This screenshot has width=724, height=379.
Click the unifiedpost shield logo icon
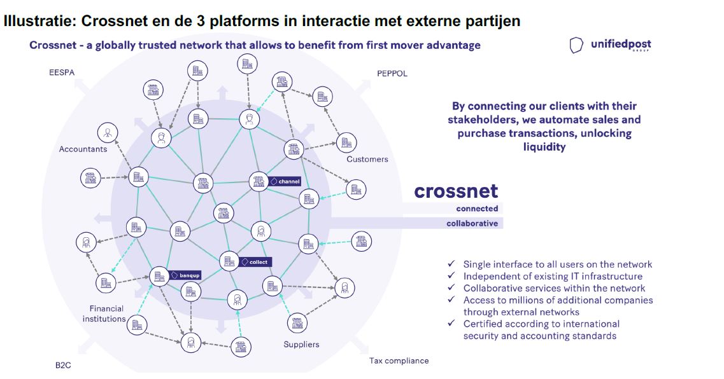[x=576, y=45]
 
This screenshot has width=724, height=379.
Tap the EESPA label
[x=62, y=72]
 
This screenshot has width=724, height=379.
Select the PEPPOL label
[x=392, y=73]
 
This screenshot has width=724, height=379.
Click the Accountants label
[x=83, y=149]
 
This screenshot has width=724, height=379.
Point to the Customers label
[x=367, y=159]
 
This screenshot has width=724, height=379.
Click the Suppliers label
[x=301, y=344]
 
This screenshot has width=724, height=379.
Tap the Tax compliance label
[x=399, y=361]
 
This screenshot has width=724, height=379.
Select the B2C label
[x=63, y=366]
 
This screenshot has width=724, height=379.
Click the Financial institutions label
[x=105, y=314]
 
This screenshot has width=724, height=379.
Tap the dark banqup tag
[x=185, y=276]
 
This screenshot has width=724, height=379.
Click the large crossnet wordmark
[x=456, y=191]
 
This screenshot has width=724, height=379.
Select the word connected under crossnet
[x=477, y=209]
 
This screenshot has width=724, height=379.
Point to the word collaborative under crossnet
[x=472, y=223]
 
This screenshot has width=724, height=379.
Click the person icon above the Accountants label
[x=107, y=133]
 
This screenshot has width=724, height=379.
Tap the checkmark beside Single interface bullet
[x=451, y=264]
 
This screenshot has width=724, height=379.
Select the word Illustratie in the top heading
[x=39, y=21]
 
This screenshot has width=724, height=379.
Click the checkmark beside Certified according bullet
[x=451, y=324]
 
